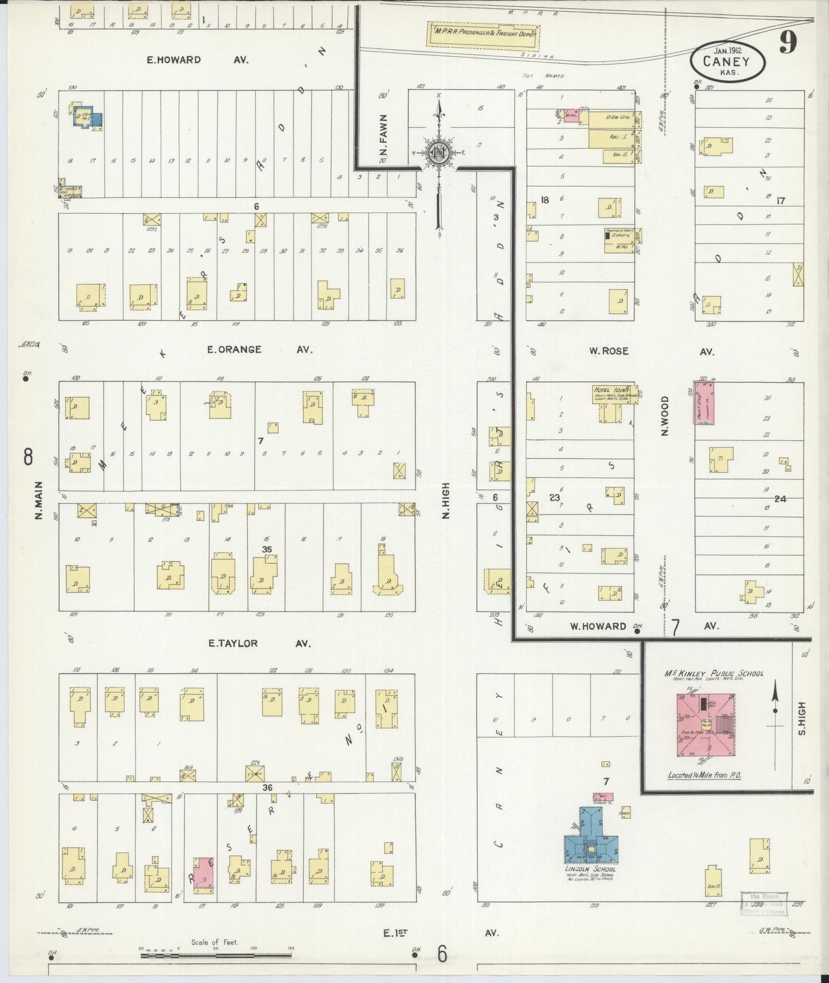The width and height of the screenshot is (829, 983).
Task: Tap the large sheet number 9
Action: click(x=788, y=43)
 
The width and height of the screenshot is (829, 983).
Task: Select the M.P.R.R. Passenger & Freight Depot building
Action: click(x=483, y=35)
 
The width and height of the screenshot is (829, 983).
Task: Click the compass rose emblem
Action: click(x=439, y=153)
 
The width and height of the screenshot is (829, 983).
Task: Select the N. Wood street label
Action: click(x=665, y=416)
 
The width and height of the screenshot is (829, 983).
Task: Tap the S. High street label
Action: click(x=801, y=719)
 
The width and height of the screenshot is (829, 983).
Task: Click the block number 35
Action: click(x=266, y=549)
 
